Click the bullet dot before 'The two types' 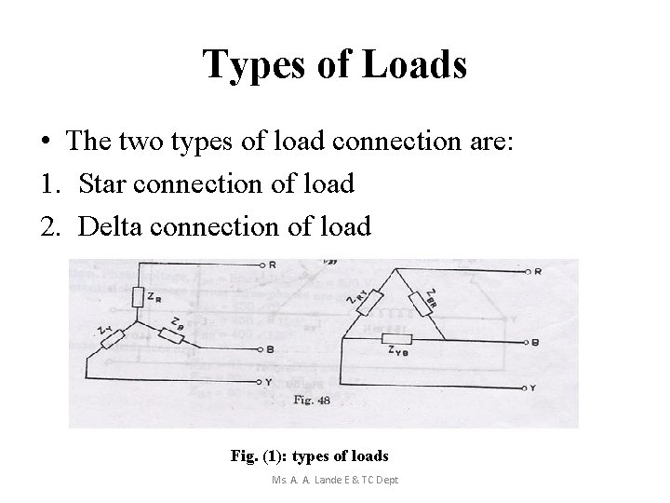click(45, 143)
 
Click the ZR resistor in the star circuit click(137, 296)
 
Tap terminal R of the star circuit click(263, 264)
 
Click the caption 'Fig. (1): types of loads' click(309, 456)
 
